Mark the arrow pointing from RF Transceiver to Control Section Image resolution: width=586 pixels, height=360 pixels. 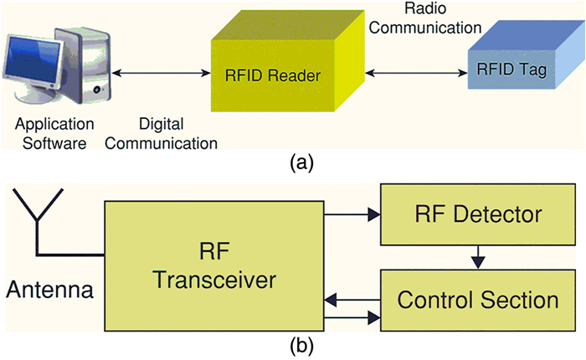(x=352, y=317)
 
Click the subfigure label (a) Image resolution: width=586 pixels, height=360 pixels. (x=301, y=163)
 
